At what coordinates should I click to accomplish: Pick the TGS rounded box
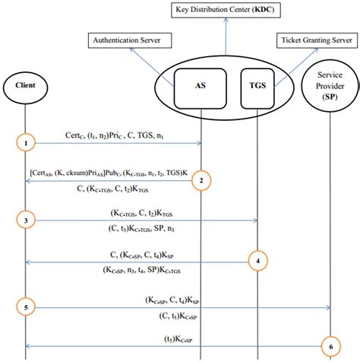click(x=257, y=85)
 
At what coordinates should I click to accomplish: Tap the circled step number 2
click(x=201, y=181)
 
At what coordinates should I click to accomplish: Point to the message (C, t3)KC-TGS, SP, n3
click(x=142, y=229)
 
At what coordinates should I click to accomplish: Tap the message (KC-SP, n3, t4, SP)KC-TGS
click(x=143, y=269)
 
